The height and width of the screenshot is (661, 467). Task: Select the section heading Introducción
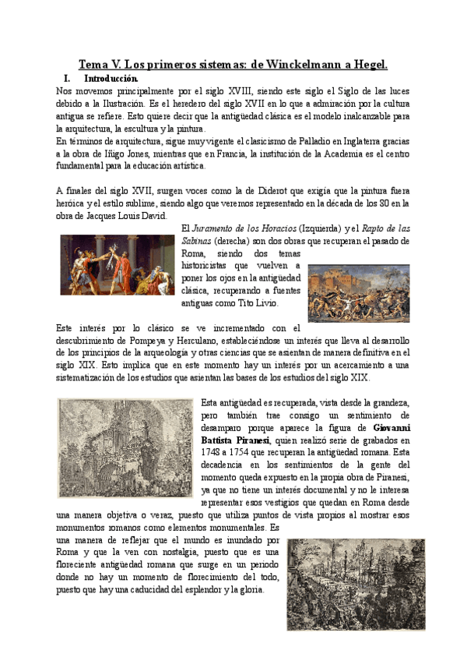pos(112,79)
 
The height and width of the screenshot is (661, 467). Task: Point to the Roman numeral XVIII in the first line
pos(239,91)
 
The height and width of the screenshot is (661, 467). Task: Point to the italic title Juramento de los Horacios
pos(238,228)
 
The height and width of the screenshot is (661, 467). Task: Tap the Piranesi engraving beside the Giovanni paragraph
pos(125,448)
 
